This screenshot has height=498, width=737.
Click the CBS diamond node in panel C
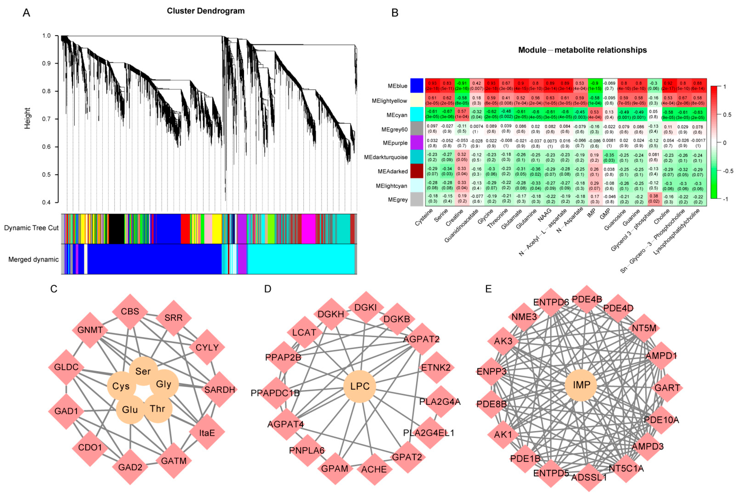(130, 311)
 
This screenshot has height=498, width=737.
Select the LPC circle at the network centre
(360, 386)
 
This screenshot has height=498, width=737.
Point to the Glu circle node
(130, 410)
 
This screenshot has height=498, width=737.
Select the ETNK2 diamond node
(436, 368)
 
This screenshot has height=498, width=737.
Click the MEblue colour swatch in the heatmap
(417, 86)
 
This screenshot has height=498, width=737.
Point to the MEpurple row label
(395, 143)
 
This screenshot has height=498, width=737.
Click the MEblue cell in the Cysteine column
(432, 86)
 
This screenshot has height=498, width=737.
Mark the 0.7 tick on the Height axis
(46, 119)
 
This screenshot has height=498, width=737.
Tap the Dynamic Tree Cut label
(31, 228)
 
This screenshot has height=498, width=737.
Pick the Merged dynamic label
(33, 259)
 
